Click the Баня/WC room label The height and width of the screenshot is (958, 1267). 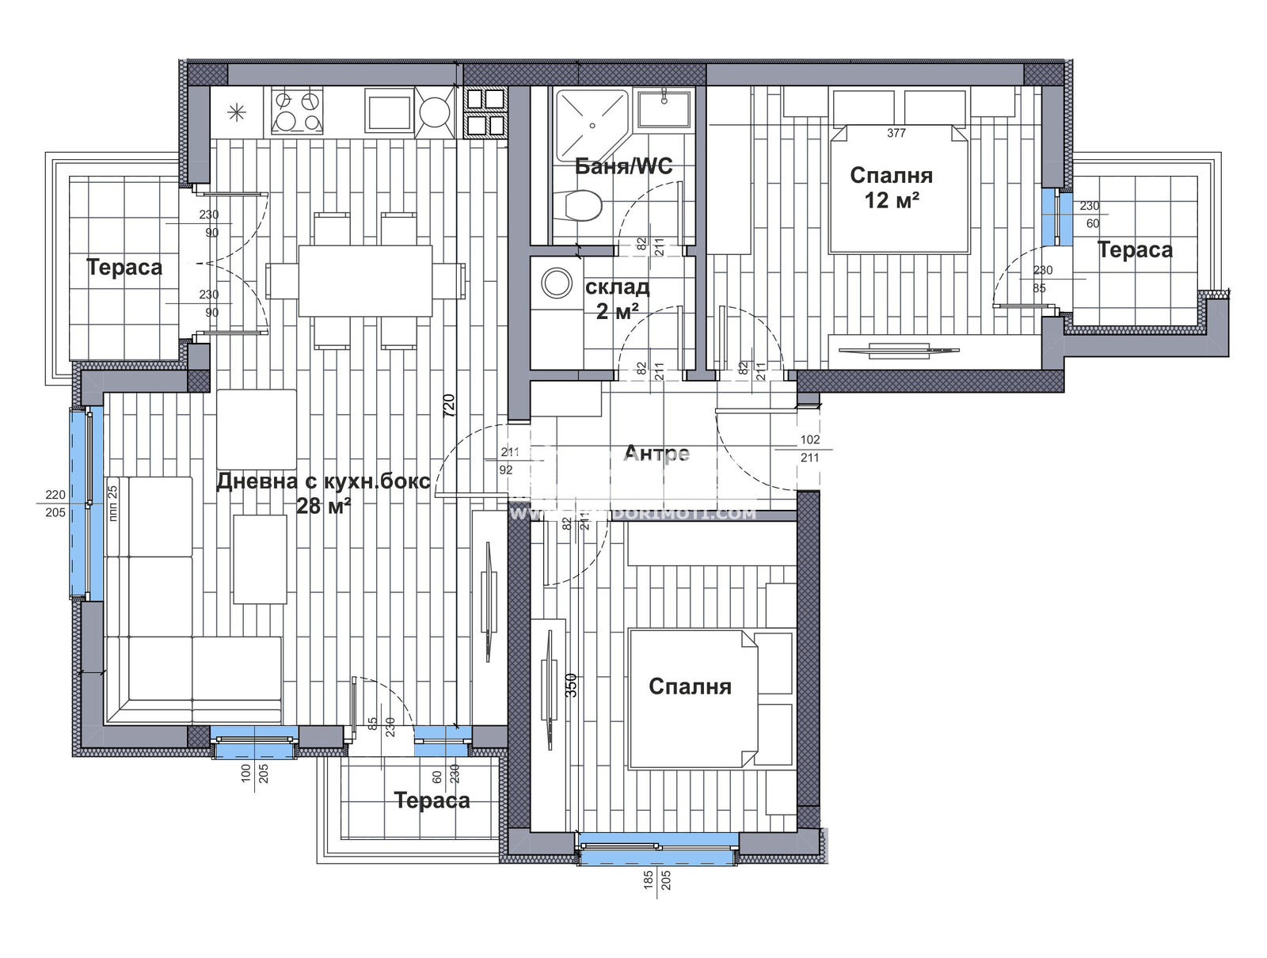[x=623, y=166]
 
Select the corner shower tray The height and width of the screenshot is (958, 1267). [x=590, y=124]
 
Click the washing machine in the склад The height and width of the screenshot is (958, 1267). [x=556, y=283]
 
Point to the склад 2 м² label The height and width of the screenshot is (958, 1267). [x=617, y=298]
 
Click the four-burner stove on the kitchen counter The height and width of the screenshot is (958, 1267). [x=297, y=111]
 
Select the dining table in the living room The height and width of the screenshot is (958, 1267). [x=365, y=281]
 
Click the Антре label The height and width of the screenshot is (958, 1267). [x=656, y=454]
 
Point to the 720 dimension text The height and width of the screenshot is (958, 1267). [x=448, y=406]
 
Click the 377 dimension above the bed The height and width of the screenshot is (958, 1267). [x=896, y=133]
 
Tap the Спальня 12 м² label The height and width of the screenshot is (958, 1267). [x=891, y=187]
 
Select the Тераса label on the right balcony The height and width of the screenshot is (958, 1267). [x=1135, y=250]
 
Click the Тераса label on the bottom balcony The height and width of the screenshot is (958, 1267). [x=432, y=800]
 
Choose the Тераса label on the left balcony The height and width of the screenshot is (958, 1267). [x=124, y=267]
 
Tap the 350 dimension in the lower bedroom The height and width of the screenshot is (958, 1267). [x=571, y=685]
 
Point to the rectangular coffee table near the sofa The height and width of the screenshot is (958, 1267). [x=260, y=559]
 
